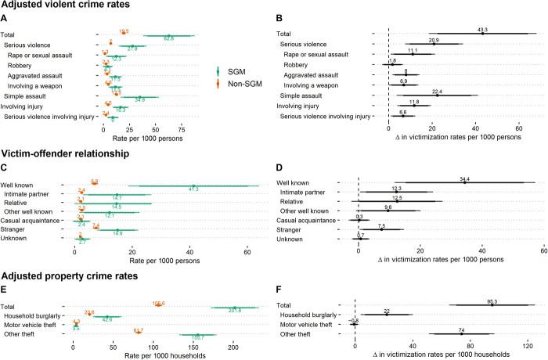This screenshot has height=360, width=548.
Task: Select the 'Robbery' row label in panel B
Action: [323, 63]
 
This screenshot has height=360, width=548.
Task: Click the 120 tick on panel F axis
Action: [528, 345]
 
